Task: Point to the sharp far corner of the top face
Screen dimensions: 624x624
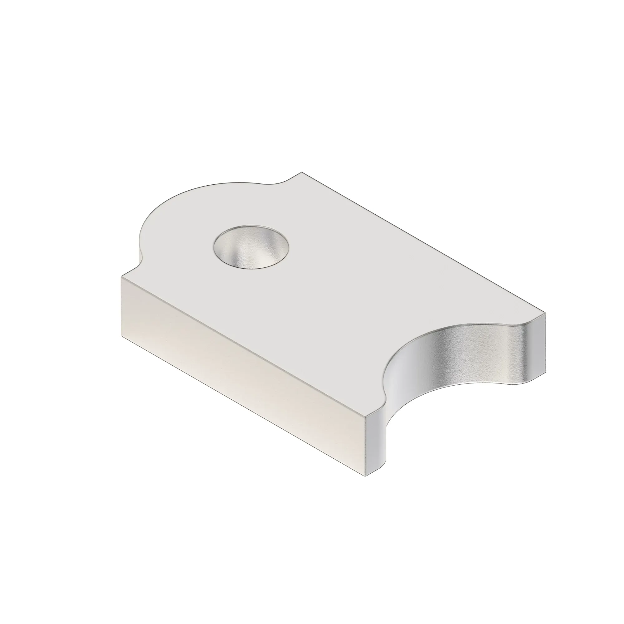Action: (x=302, y=172)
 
